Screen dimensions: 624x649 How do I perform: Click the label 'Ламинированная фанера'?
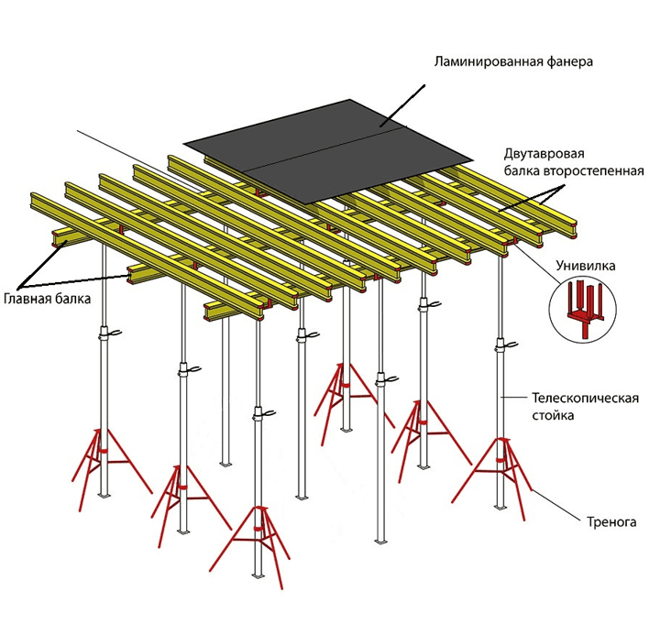(513, 62)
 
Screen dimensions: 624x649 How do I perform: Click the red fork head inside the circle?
(584, 309)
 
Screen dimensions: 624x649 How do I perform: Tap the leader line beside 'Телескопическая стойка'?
(516, 397)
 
